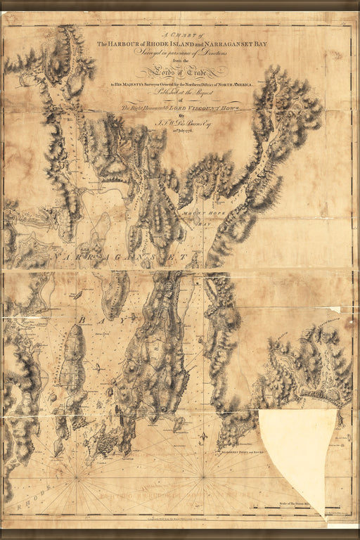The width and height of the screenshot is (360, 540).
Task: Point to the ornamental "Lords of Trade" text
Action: pyautogui.click(x=179, y=69)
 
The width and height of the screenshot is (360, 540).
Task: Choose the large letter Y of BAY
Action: pyautogui.click(x=131, y=319)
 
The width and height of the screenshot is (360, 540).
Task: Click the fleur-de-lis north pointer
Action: pyautogui.click(x=203, y=437)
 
